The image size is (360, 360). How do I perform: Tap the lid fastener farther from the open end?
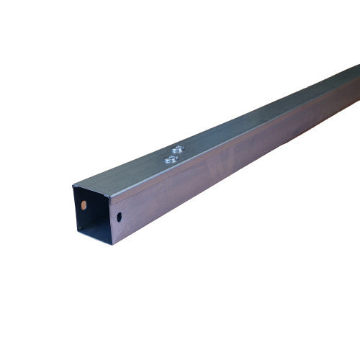pyautogui.click(x=178, y=149)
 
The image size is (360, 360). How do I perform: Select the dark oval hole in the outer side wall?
pyautogui.click(x=119, y=215)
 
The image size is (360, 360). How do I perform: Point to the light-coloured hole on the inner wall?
pyautogui.click(x=85, y=205)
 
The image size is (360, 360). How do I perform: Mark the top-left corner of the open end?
pyautogui.click(x=73, y=186)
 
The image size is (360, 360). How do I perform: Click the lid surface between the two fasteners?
pyautogui.click(x=173, y=154)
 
